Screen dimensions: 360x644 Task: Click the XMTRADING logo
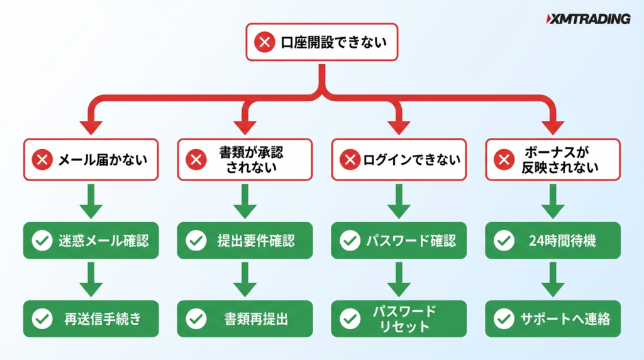588,19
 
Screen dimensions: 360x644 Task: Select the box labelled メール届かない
92,160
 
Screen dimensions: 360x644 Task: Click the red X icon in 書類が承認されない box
196,160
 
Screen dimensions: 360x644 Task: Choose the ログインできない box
399,160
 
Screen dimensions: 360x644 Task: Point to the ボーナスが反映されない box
553,160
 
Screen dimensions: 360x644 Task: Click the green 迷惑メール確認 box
92,240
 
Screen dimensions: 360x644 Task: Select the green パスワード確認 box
399,240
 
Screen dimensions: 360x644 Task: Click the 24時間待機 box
553,240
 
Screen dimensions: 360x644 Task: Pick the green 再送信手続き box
92,318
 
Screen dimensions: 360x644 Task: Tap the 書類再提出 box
245,318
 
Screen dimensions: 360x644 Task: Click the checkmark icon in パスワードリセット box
350,318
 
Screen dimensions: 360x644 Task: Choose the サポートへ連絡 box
553,318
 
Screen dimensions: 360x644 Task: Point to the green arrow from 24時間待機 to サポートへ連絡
553,280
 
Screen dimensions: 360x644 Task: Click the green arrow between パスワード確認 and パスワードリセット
399,280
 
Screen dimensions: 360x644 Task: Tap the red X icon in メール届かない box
43,160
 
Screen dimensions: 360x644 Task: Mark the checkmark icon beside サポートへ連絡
503,318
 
